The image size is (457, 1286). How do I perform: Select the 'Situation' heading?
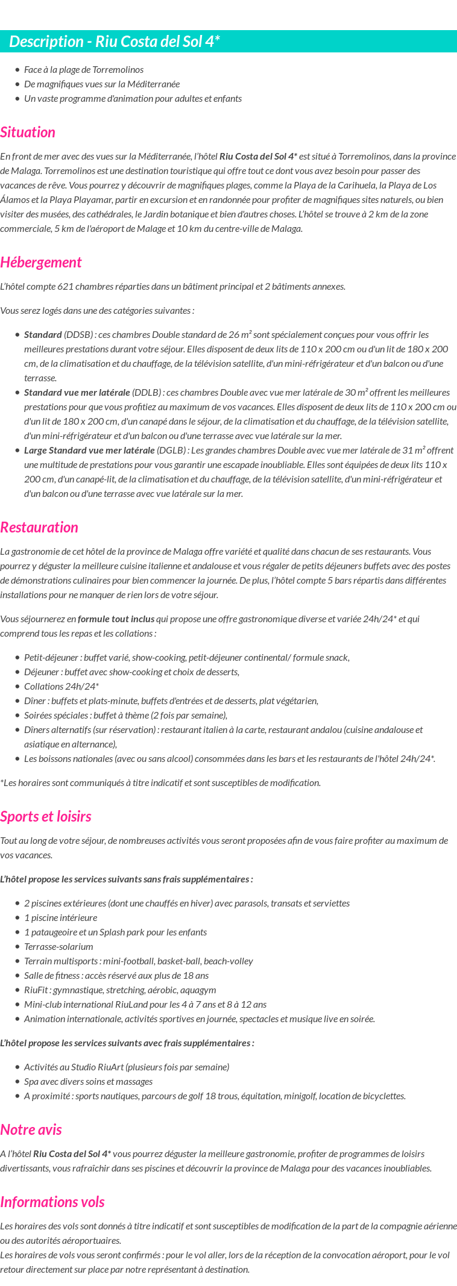28,133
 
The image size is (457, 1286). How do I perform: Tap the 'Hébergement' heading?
40,263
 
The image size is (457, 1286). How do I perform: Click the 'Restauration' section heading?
39,528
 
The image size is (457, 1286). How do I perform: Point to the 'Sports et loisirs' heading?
46,817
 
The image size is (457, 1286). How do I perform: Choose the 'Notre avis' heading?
31,1130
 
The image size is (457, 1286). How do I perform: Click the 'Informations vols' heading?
52,1202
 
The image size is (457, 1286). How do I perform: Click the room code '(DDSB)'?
78,335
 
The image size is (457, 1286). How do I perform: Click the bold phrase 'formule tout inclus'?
116,619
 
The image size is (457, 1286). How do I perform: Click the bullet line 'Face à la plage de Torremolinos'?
84,70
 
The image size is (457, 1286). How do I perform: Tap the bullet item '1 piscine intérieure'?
60,918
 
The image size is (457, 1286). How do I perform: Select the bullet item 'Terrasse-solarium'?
58,947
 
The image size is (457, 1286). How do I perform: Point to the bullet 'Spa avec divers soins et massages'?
88,1082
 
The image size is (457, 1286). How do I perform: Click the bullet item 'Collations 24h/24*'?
61,687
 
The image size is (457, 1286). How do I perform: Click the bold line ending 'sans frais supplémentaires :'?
127,879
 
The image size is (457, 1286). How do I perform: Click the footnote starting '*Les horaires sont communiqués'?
160,783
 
